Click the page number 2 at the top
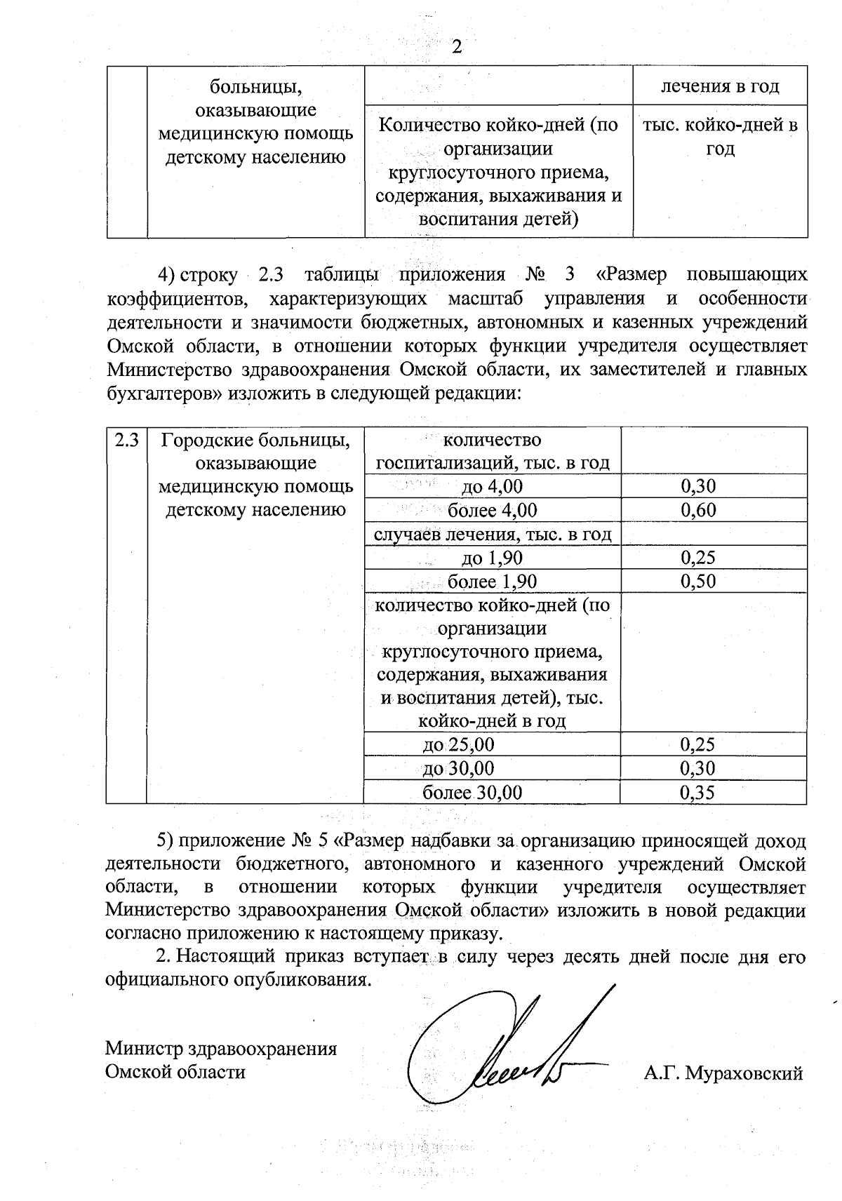click(x=457, y=48)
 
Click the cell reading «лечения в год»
click(x=720, y=86)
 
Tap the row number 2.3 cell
click(x=126, y=440)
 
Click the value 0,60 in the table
click(x=699, y=510)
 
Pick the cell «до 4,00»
click(x=493, y=486)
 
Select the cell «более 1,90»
click(x=492, y=581)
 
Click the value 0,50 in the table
click(x=699, y=581)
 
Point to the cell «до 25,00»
click(x=459, y=744)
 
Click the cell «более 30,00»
click(x=472, y=792)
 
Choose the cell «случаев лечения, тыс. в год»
click(x=492, y=535)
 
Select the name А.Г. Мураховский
click(x=723, y=1073)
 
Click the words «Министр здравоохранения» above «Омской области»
click(x=221, y=1049)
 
